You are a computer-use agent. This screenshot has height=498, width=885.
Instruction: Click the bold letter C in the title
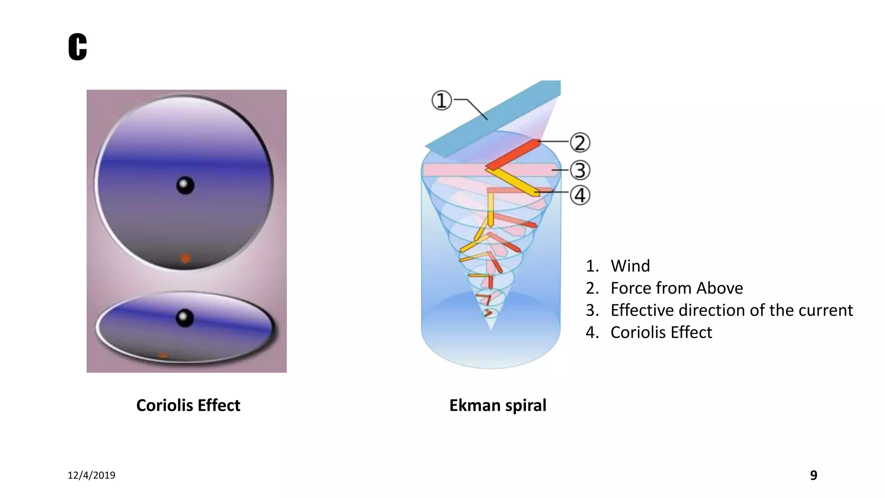pyautogui.click(x=78, y=47)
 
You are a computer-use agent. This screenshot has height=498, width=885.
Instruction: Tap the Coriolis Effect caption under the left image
pyautogui.click(x=188, y=405)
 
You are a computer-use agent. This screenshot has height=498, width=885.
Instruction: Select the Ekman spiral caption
pyautogui.click(x=497, y=405)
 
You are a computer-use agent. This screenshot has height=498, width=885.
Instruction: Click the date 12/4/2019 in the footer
pyautogui.click(x=91, y=475)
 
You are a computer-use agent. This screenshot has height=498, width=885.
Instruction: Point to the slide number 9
pyautogui.click(x=813, y=475)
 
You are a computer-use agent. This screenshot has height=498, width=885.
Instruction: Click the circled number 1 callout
pyautogui.click(x=441, y=100)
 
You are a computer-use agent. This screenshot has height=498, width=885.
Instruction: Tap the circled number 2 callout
pyautogui.click(x=580, y=143)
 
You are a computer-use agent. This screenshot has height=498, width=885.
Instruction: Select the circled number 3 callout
pyautogui.click(x=580, y=170)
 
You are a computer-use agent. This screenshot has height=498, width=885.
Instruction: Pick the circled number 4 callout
pyautogui.click(x=580, y=195)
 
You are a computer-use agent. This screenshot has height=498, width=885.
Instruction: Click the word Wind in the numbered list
pyautogui.click(x=630, y=266)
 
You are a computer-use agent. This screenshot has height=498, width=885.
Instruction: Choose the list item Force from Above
pyautogui.click(x=676, y=288)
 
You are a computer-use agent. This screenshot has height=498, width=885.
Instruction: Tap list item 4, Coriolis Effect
pyautogui.click(x=661, y=332)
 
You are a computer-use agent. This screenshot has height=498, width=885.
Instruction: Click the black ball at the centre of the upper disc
pyautogui.click(x=185, y=185)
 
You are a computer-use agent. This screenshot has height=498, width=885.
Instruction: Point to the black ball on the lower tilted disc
pyautogui.click(x=185, y=318)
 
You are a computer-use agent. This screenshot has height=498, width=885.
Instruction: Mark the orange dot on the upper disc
pyautogui.click(x=185, y=259)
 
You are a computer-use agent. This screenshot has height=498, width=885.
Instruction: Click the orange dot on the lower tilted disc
pyautogui.click(x=162, y=355)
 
